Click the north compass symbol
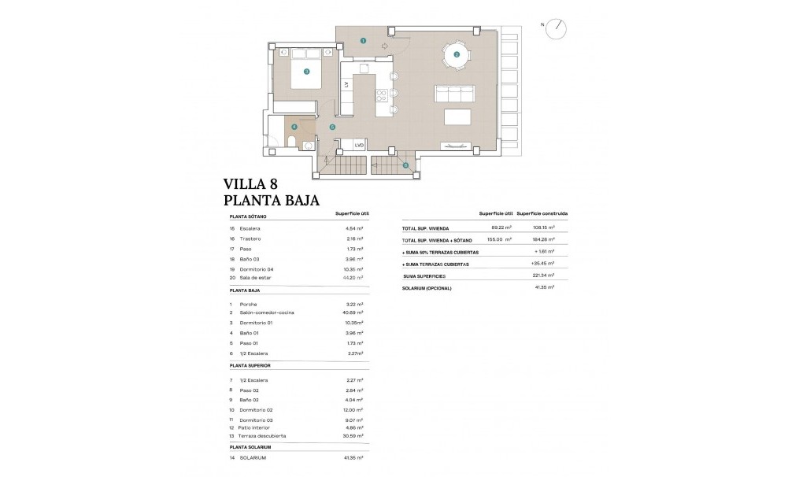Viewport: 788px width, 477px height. pyautogui.click(x=558, y=26)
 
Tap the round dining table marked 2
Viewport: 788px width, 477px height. pyautogui.click(x=456, y=54)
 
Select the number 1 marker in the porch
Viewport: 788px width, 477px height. pyautogui.click(x=363, y=39)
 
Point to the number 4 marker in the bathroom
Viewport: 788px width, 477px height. pyautogui.click(x=294, y=126)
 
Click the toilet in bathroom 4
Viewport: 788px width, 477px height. pyautogui.click(x=291, y=142)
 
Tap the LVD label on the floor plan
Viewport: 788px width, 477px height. pyautogui.click(x=359, y=145)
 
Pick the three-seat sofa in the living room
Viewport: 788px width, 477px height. pyautogui.click(x=454, y=94)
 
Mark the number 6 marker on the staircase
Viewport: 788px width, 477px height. pyautogui.click(x=405, y=165)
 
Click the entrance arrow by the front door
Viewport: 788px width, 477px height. pyautogui.click(x=385, y=46)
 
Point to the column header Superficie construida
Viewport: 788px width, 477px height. pyautogui.click(x=543, y=213)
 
